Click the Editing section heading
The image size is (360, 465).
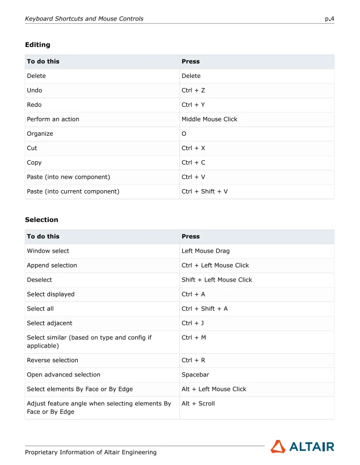tap(37, 45)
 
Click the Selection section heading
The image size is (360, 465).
tap(41, 220)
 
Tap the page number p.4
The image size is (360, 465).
tap(329, 19)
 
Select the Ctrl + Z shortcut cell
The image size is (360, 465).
tap(193, 90)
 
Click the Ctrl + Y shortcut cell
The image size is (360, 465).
tap(193, 105)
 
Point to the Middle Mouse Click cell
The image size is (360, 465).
tap(209, 119)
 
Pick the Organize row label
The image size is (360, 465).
tap(40, 134)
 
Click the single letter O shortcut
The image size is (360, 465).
tap(184, 134)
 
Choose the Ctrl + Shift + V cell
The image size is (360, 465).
tap(204, 192)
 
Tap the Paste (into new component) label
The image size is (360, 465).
tap(68, 177)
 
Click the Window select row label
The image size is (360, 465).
tap(48, 251)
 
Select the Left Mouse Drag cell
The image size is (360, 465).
tap(206, 251)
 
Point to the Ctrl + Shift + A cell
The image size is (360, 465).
tap(204, 309)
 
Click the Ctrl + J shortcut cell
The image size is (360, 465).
tap(193, 324)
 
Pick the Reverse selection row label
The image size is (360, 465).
tap(52, 361)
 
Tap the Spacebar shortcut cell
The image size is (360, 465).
tap(195, 375)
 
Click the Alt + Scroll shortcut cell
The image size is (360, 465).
tap(198, 404)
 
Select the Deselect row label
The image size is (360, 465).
tap(39, 280)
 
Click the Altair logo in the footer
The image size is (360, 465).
tap(302, 447)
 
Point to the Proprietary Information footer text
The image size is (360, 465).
tap(90, 453)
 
